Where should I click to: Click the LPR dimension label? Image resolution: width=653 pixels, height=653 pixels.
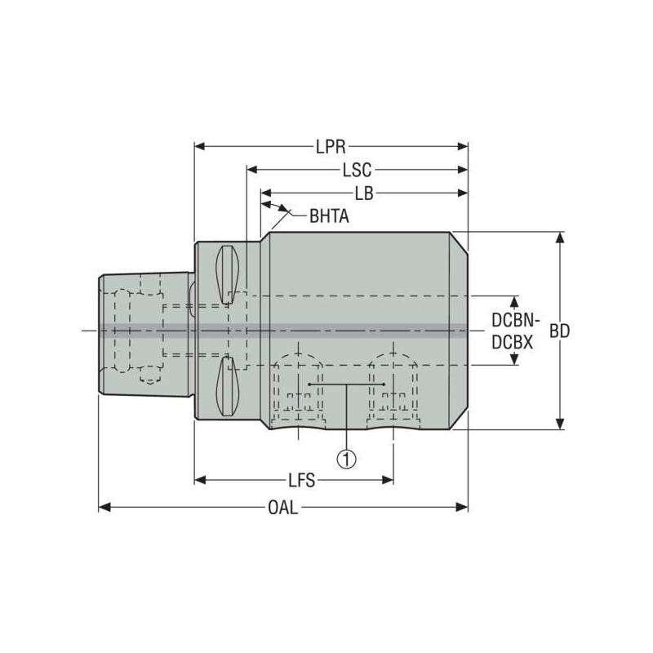[x=331, y=147]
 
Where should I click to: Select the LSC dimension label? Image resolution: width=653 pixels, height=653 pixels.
[x=357, y=170]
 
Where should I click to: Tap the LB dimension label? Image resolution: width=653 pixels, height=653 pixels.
[x=364, y=193]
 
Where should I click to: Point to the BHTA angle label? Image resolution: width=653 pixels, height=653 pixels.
[x=329, y=216]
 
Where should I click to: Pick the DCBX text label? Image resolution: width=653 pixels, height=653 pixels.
[x=513, y=344]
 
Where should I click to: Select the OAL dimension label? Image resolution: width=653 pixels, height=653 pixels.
[x=283, y=508]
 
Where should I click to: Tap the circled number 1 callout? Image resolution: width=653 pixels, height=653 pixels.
[x=348, y=459]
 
